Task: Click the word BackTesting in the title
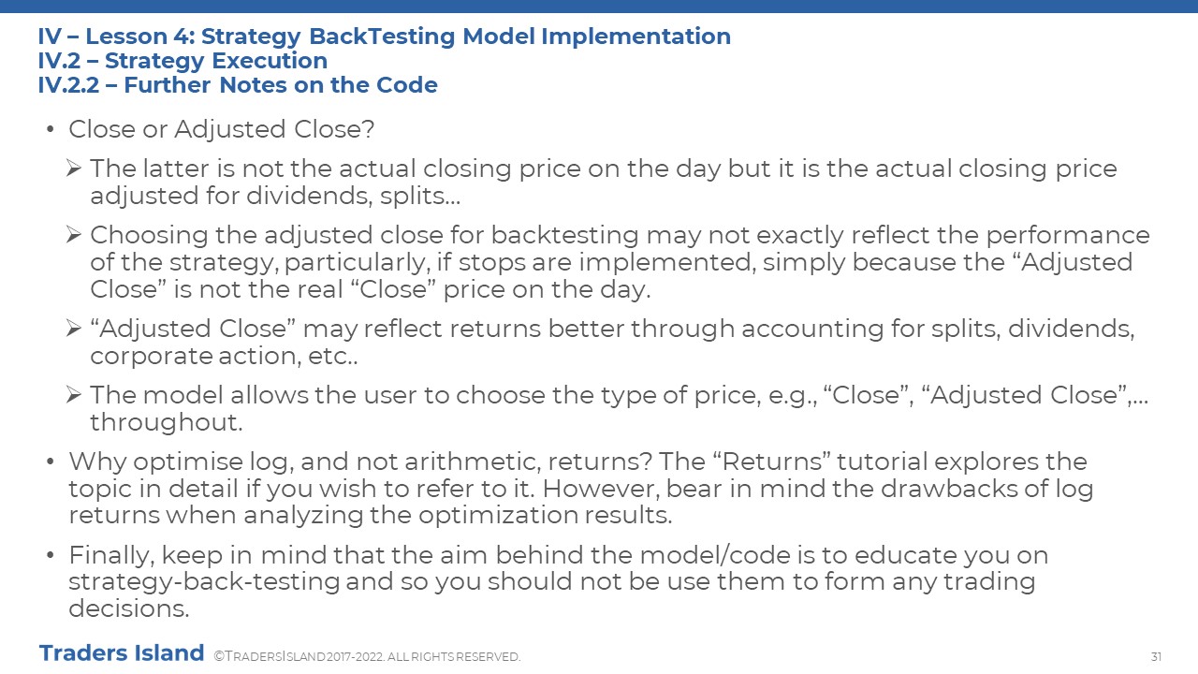[381, 37]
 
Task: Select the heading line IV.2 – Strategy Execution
[183, 61]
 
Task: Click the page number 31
[1156, 656]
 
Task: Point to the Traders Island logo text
[122, 652]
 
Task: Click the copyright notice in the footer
[367, 656]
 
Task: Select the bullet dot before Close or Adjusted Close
[51, 129]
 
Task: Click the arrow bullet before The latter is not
[74, 168]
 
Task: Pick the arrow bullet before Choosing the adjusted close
[74, 234]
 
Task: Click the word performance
[1068, 236]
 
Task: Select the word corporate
[151, 357]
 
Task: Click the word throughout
[167, 422]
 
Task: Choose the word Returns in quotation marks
[772, 462]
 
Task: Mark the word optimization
[498, 516]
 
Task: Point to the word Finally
[111, 556]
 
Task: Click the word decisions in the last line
[129, 608]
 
